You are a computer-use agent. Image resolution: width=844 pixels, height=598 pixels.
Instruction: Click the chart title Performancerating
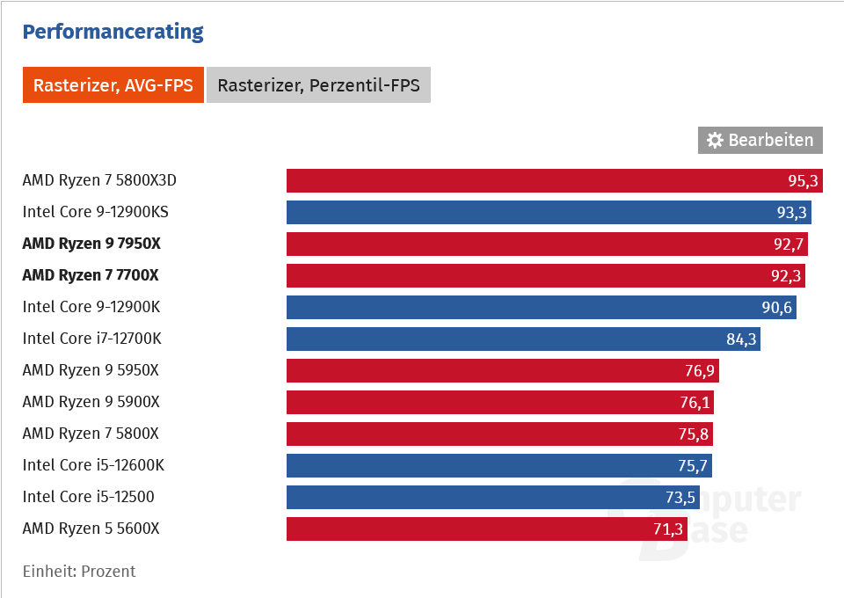pyautogui.click(x=113, y=33)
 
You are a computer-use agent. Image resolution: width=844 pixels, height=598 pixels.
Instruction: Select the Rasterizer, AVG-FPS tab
pyautogui.click(x=113, y=85)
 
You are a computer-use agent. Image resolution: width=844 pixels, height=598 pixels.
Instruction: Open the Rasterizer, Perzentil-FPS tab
pyautogui.click(x=318, y=85)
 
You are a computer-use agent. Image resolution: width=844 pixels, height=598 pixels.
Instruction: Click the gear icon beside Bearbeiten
pyautogui.click(x=715, y=140)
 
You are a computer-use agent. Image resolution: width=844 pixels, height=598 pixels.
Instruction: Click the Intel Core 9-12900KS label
pyautogui.click(x=96, y=212)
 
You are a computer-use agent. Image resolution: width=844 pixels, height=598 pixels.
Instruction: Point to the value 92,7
pyautogui.click(x=788, y=244)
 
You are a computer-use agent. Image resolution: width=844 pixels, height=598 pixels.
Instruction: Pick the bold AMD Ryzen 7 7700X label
pyautogui.click(x=91, y=275)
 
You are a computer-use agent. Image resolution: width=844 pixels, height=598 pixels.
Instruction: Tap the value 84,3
pyautogui.click(x=740, y=339)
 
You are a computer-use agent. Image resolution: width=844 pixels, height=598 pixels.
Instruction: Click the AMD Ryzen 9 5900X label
pyautogui.click(x=91, y=402)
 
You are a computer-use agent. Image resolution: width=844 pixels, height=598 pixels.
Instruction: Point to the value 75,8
pyautogui.click(x=693, y=434)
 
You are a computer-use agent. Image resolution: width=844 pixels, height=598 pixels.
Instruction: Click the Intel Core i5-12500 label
pyautogui.click(x=88, y=497)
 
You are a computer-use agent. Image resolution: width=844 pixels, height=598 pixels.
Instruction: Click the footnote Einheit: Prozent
pyautogui.click(x=79, y=572)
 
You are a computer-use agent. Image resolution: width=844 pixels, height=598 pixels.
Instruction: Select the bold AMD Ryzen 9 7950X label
pyautogui.click(x=91, y=244)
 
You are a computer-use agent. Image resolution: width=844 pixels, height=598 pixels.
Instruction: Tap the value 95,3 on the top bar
pyautogui.click(x=803, y=180)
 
